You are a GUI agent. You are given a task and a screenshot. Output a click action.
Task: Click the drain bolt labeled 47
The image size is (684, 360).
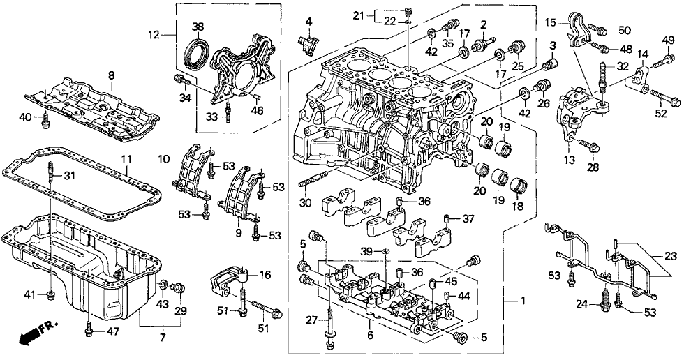tap(89, 329)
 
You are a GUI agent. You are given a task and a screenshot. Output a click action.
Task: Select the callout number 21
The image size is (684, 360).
tap(378, 15)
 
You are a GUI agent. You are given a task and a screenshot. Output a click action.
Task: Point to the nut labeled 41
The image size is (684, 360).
tap(50, 297)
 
